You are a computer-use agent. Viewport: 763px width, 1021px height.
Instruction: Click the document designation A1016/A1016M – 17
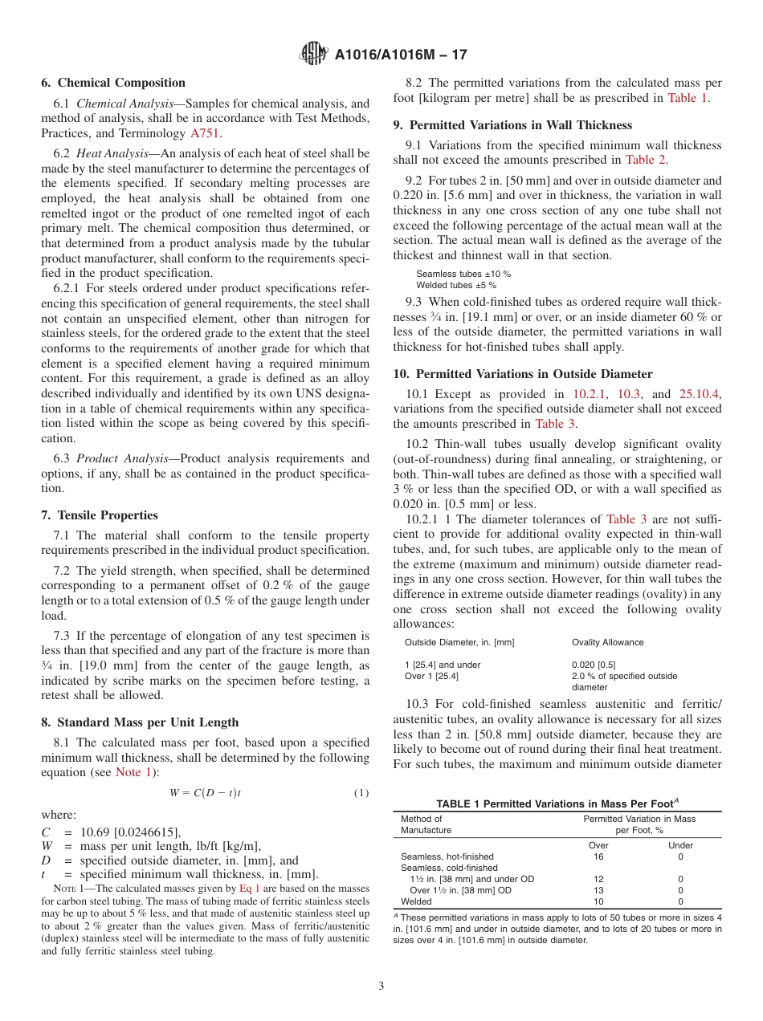pyautogui.click(x=400, y=55)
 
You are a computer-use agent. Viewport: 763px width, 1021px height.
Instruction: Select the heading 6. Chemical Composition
pyautogui.click(x=113, y=83)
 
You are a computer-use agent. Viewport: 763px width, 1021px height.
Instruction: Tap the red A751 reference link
pyautogui.click(x=204, y=133)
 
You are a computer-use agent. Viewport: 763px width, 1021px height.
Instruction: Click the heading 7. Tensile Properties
pyautogui.click(x=100, y=515)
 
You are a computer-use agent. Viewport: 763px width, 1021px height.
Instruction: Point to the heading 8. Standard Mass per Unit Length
pyautogui.click(x=140, y=722)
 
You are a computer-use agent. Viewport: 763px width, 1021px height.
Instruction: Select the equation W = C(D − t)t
pyautogui.click(x=206, y=793)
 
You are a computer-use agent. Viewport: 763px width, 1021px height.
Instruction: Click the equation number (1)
pyautogui.click(x=361, y=793)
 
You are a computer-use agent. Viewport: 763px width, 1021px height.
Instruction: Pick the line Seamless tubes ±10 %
pyautogui.click(x=463, y=274)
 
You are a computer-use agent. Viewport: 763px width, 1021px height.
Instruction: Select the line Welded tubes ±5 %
pyautogui.click(x=456, y=285)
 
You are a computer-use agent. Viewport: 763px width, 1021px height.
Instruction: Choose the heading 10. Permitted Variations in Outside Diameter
pyautogui.click(x=523, y=374)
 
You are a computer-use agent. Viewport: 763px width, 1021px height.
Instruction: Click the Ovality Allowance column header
pyautogui.click(x=607, y=642)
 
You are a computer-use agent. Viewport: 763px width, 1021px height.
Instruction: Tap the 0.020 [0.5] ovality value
pyautogui.click(x=594, y=665)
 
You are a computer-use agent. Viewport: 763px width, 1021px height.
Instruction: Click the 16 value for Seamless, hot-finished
pyautogui.click(x=598, y=856)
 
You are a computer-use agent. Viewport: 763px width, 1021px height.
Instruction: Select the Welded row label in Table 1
pyautogui.click(x=416, y=901)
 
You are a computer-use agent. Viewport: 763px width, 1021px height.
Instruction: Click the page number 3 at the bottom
pyautogui.click(x=381, y=986)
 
